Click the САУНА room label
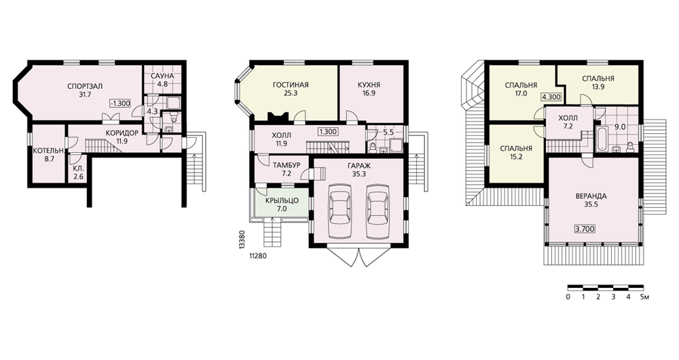tap(162, 76)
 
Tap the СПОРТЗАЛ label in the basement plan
tap(85, 86)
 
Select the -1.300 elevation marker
tap(120, 103)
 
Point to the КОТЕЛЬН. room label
tap(49, 151)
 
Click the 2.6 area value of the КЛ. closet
tap(78, 176)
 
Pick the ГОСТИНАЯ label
tap(291, 84)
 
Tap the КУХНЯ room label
tap(369, 84)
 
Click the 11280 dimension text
tap(257, 255)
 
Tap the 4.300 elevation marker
tap(551, 97)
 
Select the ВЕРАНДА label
tap(591, 196)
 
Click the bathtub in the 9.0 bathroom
tap(602, 139)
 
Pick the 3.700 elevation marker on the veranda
tap(585, 228)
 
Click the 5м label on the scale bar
tap(645, 298)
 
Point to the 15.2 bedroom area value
tap(516, 157)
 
